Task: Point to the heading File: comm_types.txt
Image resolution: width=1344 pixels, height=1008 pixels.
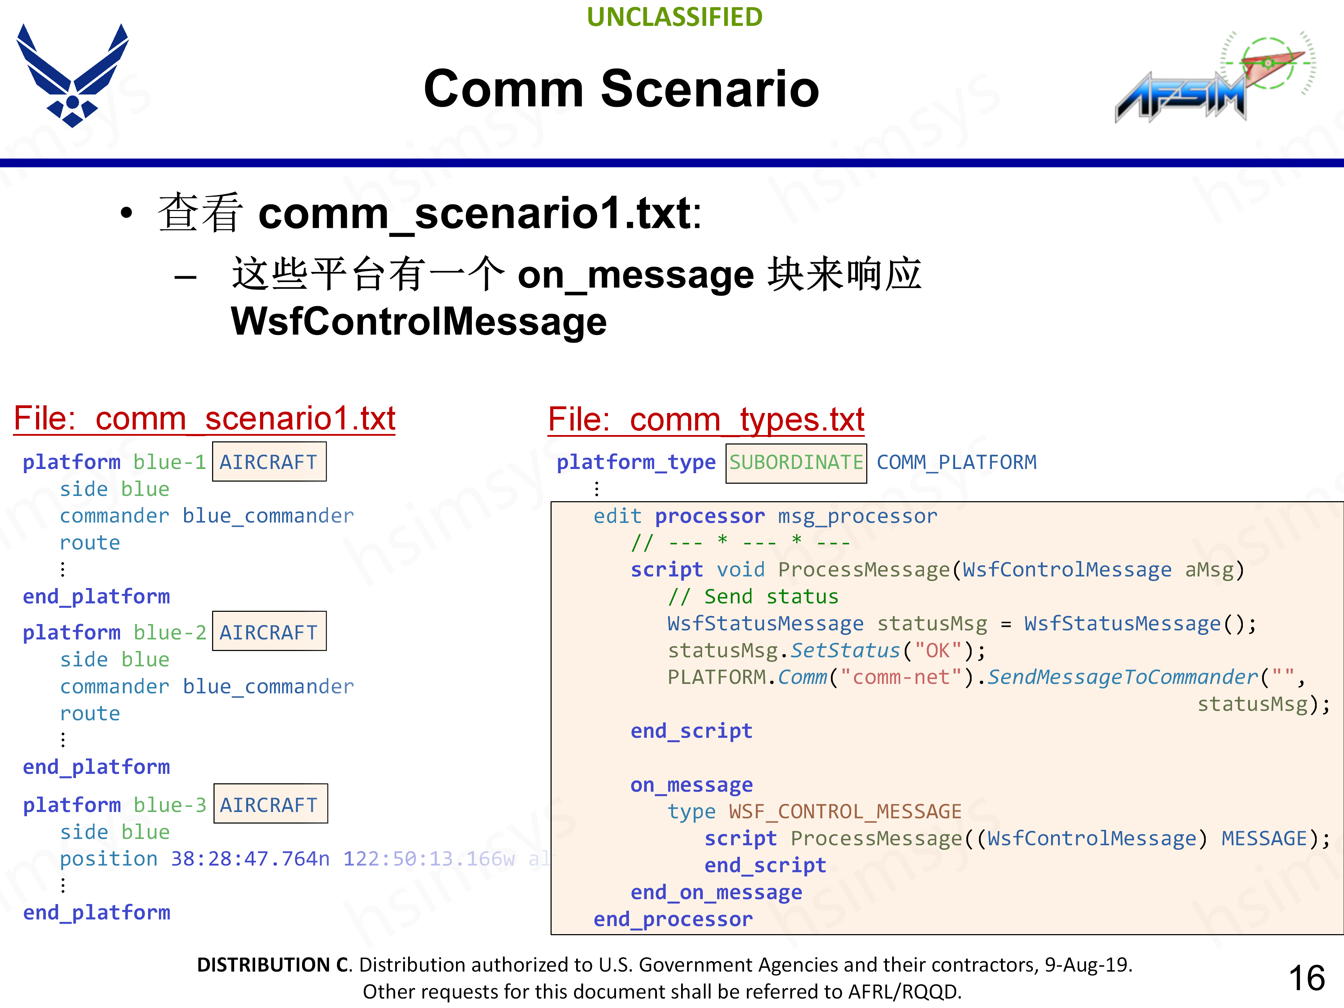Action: [x=706, y=420]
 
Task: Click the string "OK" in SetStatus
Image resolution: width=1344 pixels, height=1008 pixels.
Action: [x=938, y=651]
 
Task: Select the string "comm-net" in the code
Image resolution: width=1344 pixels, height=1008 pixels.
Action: [x=901, y=678]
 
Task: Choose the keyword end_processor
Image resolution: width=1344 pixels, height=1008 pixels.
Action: [x=673, y=919]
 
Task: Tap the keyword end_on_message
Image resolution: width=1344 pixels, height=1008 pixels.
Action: [x=716, y=892]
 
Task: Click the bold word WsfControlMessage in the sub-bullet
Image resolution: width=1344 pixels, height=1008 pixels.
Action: [x=419, y=321]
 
